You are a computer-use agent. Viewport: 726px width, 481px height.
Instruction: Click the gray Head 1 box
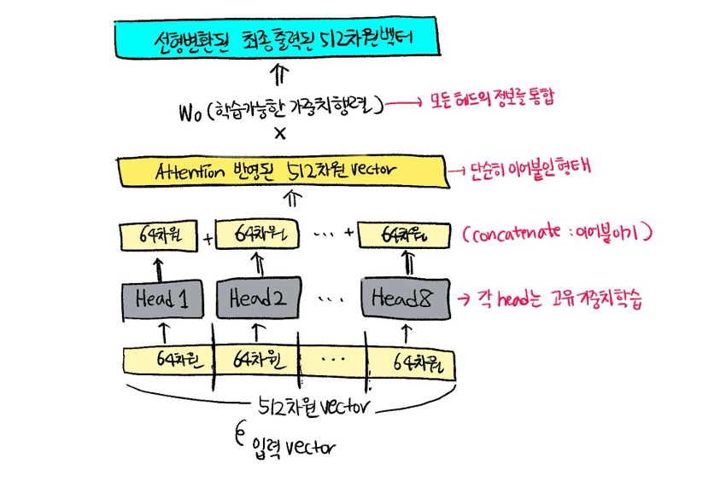[x=161, y=298]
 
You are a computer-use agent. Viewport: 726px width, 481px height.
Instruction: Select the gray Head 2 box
[x=255, y=298]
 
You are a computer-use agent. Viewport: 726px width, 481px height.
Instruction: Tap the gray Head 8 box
[x=405, y=298]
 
